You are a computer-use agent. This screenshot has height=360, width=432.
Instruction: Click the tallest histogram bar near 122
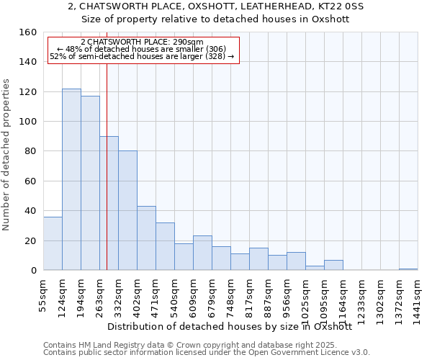point(71,180)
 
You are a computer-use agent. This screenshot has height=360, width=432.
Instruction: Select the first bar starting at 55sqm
point(53,243)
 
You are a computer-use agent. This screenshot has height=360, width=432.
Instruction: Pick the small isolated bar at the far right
point(408,269)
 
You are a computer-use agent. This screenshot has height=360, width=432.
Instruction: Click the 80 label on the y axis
point(30,151)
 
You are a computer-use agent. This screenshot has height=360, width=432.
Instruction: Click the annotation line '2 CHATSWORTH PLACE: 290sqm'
point(142,42)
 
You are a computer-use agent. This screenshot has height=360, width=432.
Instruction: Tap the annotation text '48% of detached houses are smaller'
point(142,49)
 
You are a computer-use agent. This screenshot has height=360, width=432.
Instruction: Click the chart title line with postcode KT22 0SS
point(216,6)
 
